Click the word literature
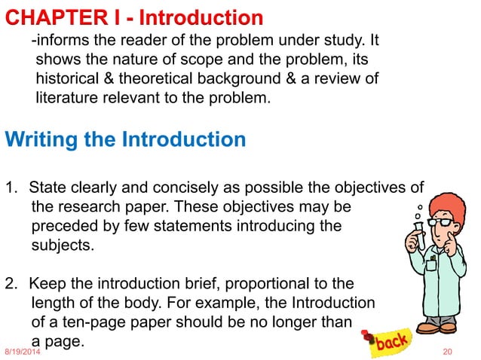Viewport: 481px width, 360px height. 67,96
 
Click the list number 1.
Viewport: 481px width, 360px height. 10,187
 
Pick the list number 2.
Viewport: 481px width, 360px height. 10,284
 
